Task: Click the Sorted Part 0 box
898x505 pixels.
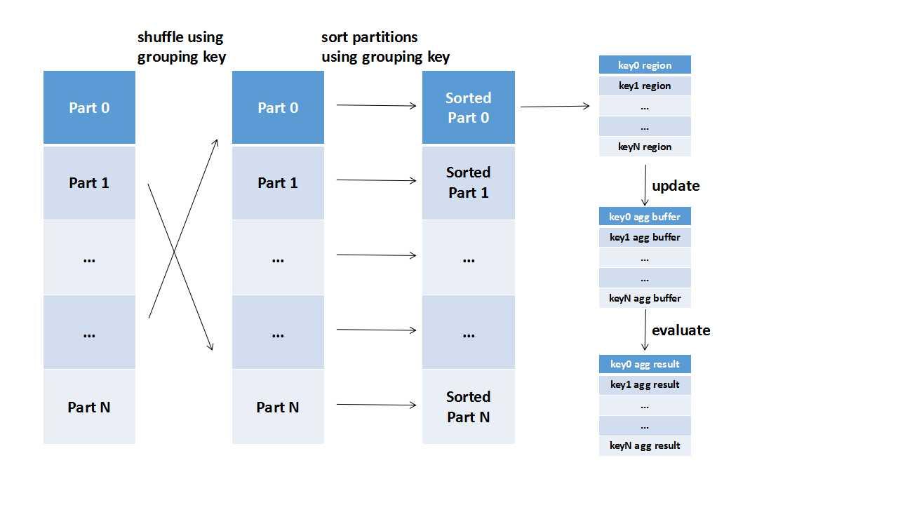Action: [x=468, y=107]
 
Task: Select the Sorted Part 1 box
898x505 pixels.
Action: [x=468, y=182]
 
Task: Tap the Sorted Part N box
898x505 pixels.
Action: [x=468, y=407]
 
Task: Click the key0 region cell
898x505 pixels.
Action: [x=645, y=65]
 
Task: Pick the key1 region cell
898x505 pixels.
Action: [x=645, y=86]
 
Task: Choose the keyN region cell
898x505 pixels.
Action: [x=645, y=147]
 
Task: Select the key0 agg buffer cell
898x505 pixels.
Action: [x=645, y=217]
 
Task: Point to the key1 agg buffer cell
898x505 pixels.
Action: [x=645, y=237]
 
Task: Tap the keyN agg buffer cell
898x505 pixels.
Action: [x=645, y=298]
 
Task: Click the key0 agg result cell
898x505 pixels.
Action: [x=645, y=364]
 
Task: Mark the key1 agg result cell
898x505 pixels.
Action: [x=645, y=384]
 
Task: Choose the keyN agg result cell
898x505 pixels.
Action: [x=645, y=445]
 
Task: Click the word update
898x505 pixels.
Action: [x=676, y=186]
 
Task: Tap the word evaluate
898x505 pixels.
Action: [x=681, y=330]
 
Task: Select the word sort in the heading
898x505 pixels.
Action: [x=335, y=37]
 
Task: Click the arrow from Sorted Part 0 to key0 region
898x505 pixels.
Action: [x=554, y=107]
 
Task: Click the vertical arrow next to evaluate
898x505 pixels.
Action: [x=645, y=330]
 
